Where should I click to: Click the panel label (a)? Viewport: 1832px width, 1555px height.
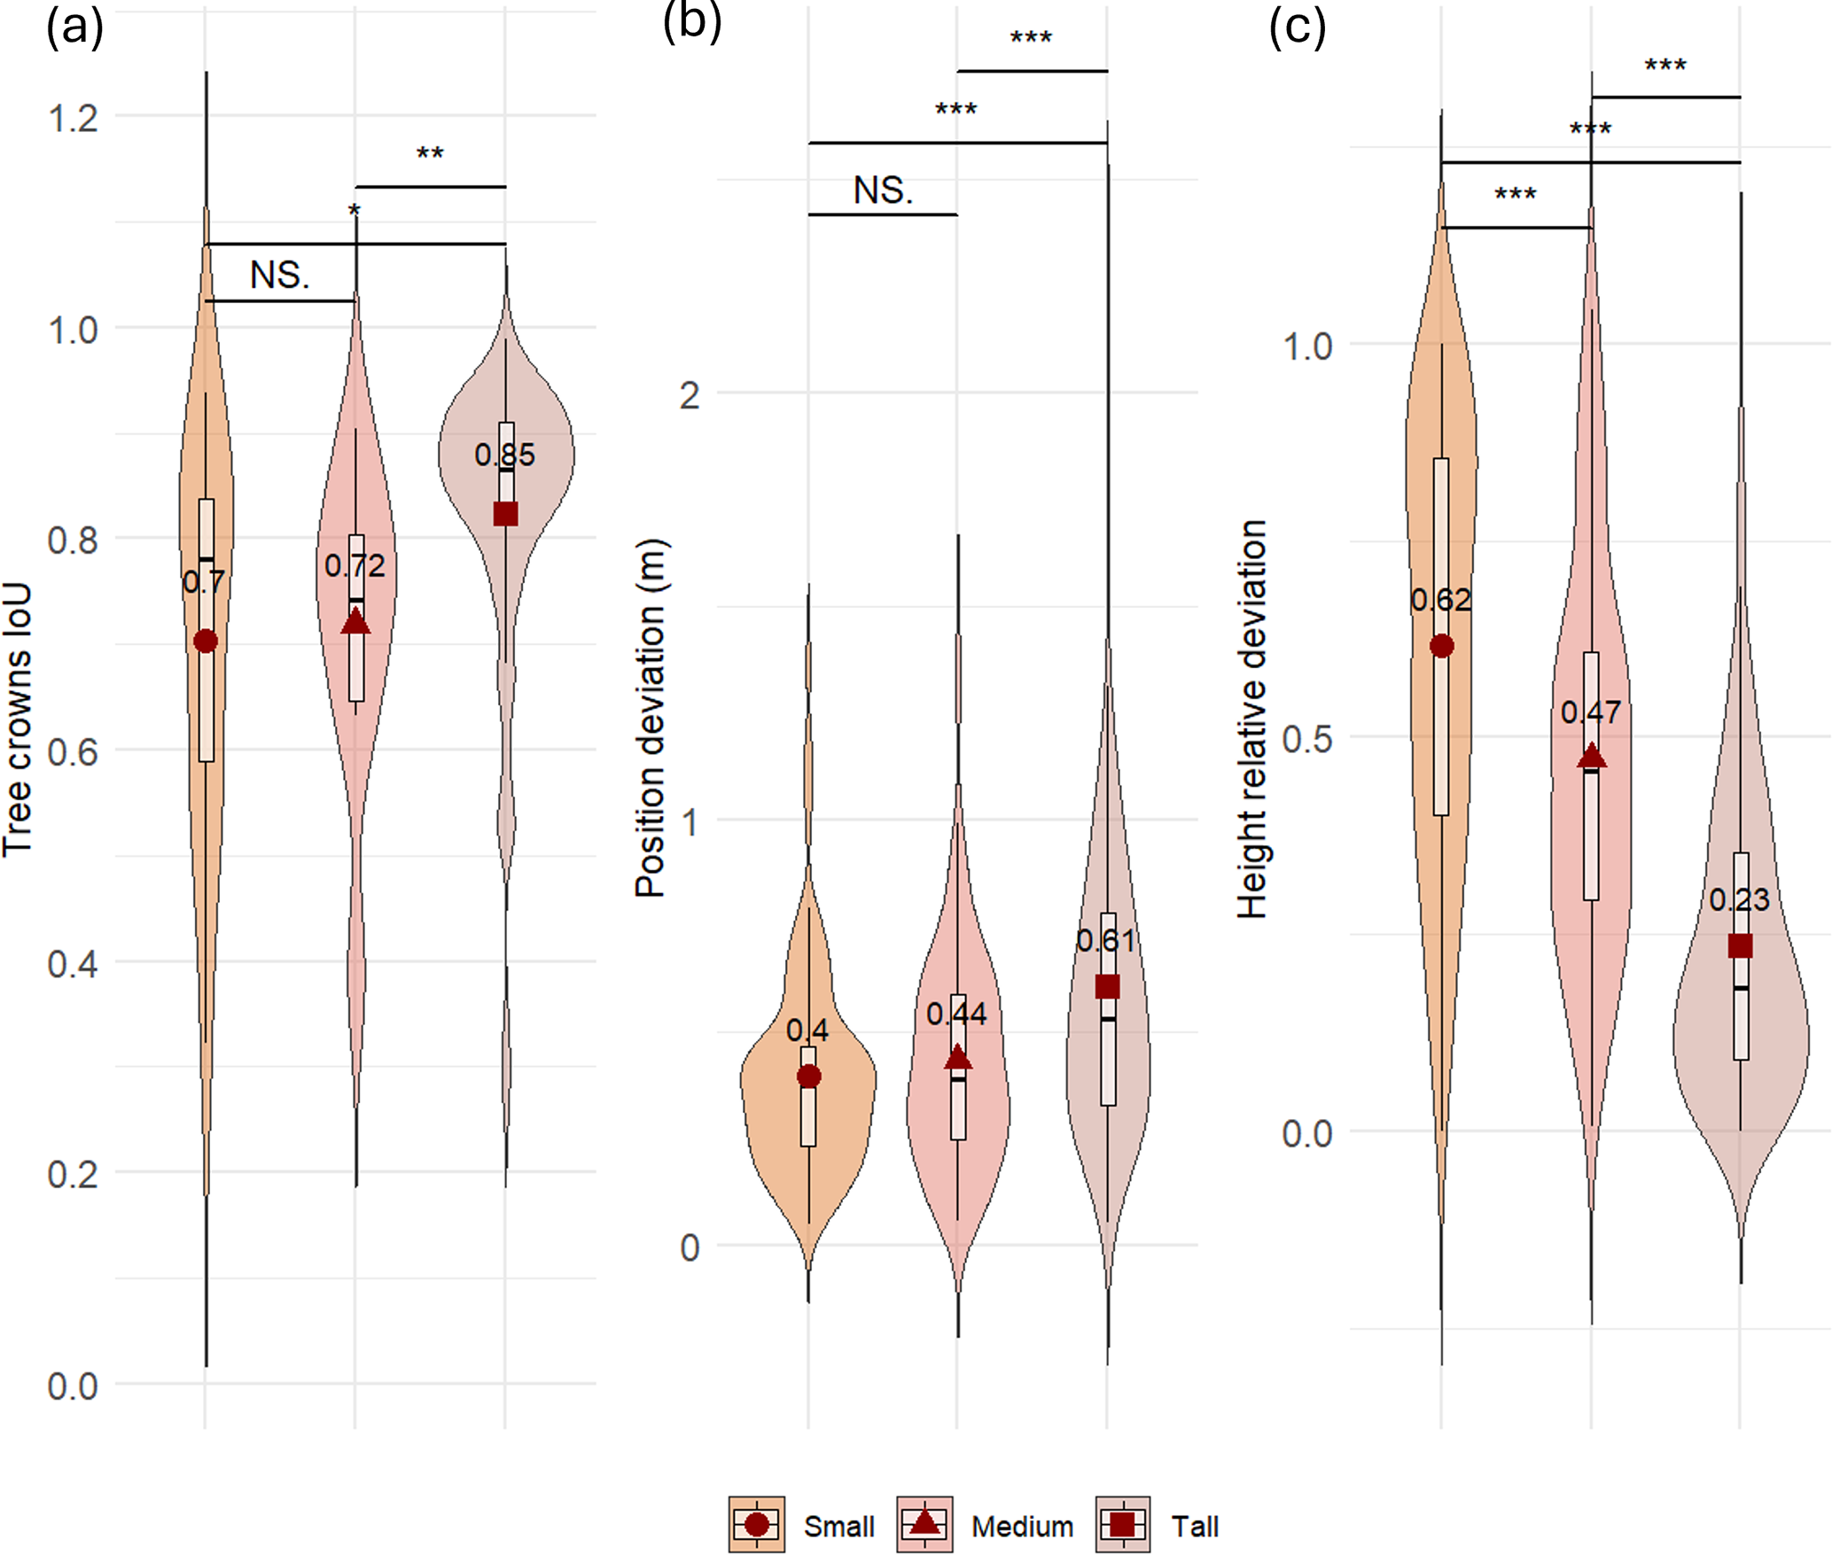click(x=74, y=28)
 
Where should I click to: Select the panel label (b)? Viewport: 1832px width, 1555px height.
click(x=691, y=21)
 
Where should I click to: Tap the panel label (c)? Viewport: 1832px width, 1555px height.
click(x=1297, y=28)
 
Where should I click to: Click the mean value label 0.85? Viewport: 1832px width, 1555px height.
click(x=504, y=455)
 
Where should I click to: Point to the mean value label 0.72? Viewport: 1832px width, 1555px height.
click(x=355, y=566)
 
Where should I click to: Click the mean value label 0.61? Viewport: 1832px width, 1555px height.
click(x=1106, y=941)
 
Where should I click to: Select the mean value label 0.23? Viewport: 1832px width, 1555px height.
click(x=1739, y=900)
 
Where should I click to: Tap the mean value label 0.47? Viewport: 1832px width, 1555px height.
click(x=1591, y=712)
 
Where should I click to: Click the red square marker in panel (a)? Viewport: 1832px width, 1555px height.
click(x=505, y=514)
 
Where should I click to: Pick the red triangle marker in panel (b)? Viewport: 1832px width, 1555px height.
click(x=957, y=1059)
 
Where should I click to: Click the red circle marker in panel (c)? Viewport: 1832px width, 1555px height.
click(x=1442, y=646)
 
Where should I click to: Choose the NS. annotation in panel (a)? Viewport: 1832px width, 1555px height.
click(x=279, y=276)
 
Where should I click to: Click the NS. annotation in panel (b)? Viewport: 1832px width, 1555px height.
click(x=883, y=190)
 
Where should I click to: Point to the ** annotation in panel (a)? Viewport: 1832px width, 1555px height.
click(x=430, y=155)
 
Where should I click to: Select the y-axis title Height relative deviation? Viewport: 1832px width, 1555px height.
click(x=1251, y=719)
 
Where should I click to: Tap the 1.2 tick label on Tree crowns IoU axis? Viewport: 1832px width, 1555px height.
click(x=73, y=118)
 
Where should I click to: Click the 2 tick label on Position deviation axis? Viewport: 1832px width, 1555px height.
click(x=690, y=395)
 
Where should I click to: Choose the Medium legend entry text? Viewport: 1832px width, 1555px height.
click(x=1022, y=1526)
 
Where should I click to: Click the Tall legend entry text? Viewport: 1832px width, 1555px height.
click(x=1195, y=1526)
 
